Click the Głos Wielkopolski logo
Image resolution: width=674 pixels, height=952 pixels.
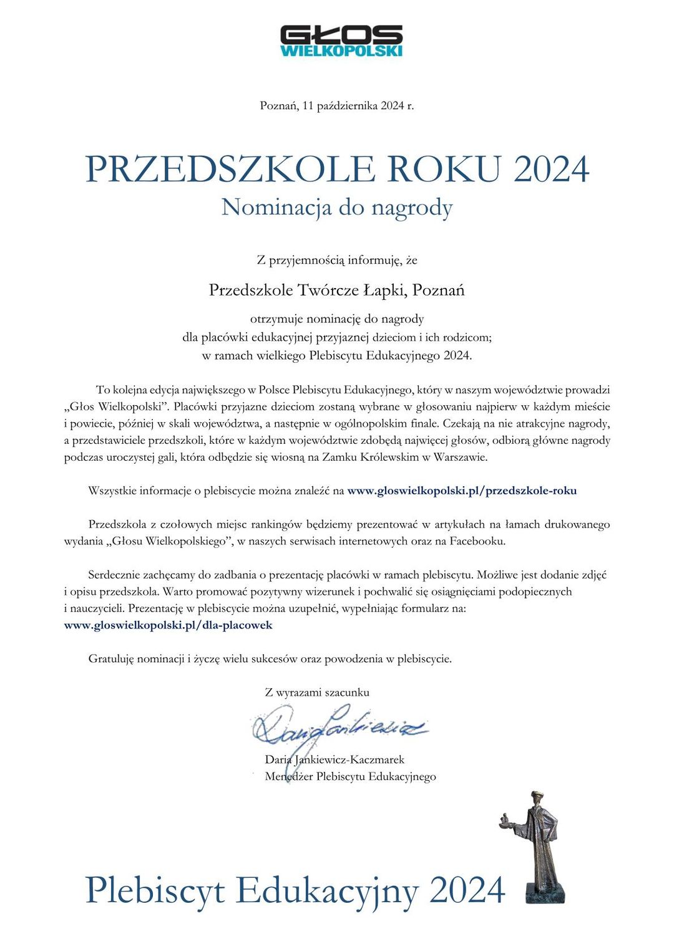tap(341, 41)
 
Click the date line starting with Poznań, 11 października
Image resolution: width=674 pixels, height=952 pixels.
tap(337, 105)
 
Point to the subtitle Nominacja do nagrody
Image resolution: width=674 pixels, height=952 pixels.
tap(337, 208)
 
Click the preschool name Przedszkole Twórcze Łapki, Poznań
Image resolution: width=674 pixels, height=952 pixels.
tap(337, 291)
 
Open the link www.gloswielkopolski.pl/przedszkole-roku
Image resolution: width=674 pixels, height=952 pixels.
tap(462, 491)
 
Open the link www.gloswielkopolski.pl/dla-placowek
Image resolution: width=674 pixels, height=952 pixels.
tap(168, 625)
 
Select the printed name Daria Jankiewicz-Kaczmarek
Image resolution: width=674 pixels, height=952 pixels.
tap(335, 759)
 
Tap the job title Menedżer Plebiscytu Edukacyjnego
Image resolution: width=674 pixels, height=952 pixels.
tap(350, 776)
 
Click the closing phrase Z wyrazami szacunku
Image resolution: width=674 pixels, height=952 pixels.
tap(317, 692)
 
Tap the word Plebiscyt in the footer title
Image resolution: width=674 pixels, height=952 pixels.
tap(155, 890)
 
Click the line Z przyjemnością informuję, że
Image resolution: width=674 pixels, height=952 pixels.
tap(337, 260)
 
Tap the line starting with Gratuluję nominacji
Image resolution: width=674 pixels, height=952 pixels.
tap(270, 658)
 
